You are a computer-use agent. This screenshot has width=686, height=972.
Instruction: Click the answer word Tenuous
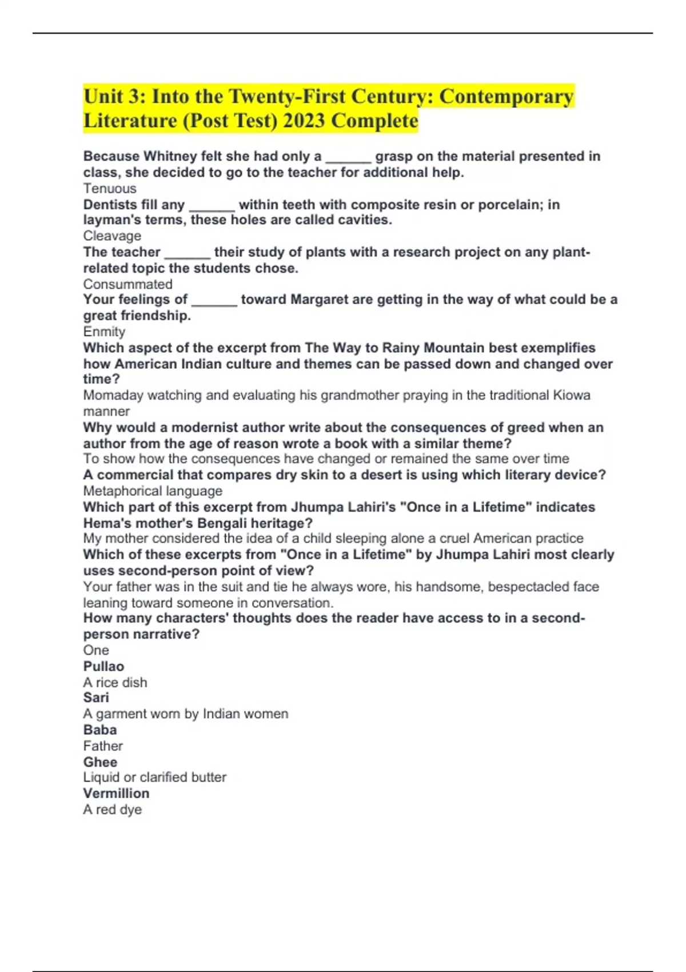coord(110,189)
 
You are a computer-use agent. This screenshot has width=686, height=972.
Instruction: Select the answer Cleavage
coord(112,236)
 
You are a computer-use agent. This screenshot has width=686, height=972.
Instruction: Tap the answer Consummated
coord(127,284)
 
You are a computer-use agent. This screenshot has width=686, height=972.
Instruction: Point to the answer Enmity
coord(104,332)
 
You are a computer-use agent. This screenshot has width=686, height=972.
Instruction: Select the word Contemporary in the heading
coord(506,97)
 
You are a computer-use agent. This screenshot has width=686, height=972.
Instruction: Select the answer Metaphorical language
coord(153,491)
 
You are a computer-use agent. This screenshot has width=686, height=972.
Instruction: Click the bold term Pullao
coord(103,667)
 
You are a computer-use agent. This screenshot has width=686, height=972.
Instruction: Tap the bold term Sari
coord(96,698)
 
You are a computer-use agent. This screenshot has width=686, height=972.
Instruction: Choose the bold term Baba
coord(100,730)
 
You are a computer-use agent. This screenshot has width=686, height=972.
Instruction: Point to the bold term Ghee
coord(100,762)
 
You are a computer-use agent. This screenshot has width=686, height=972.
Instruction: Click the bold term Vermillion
coord(116,794)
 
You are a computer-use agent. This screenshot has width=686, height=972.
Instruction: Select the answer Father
coord(103,746)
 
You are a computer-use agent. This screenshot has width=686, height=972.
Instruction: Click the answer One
coord(96,651)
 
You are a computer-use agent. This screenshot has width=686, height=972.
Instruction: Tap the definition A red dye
coord(112,810)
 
